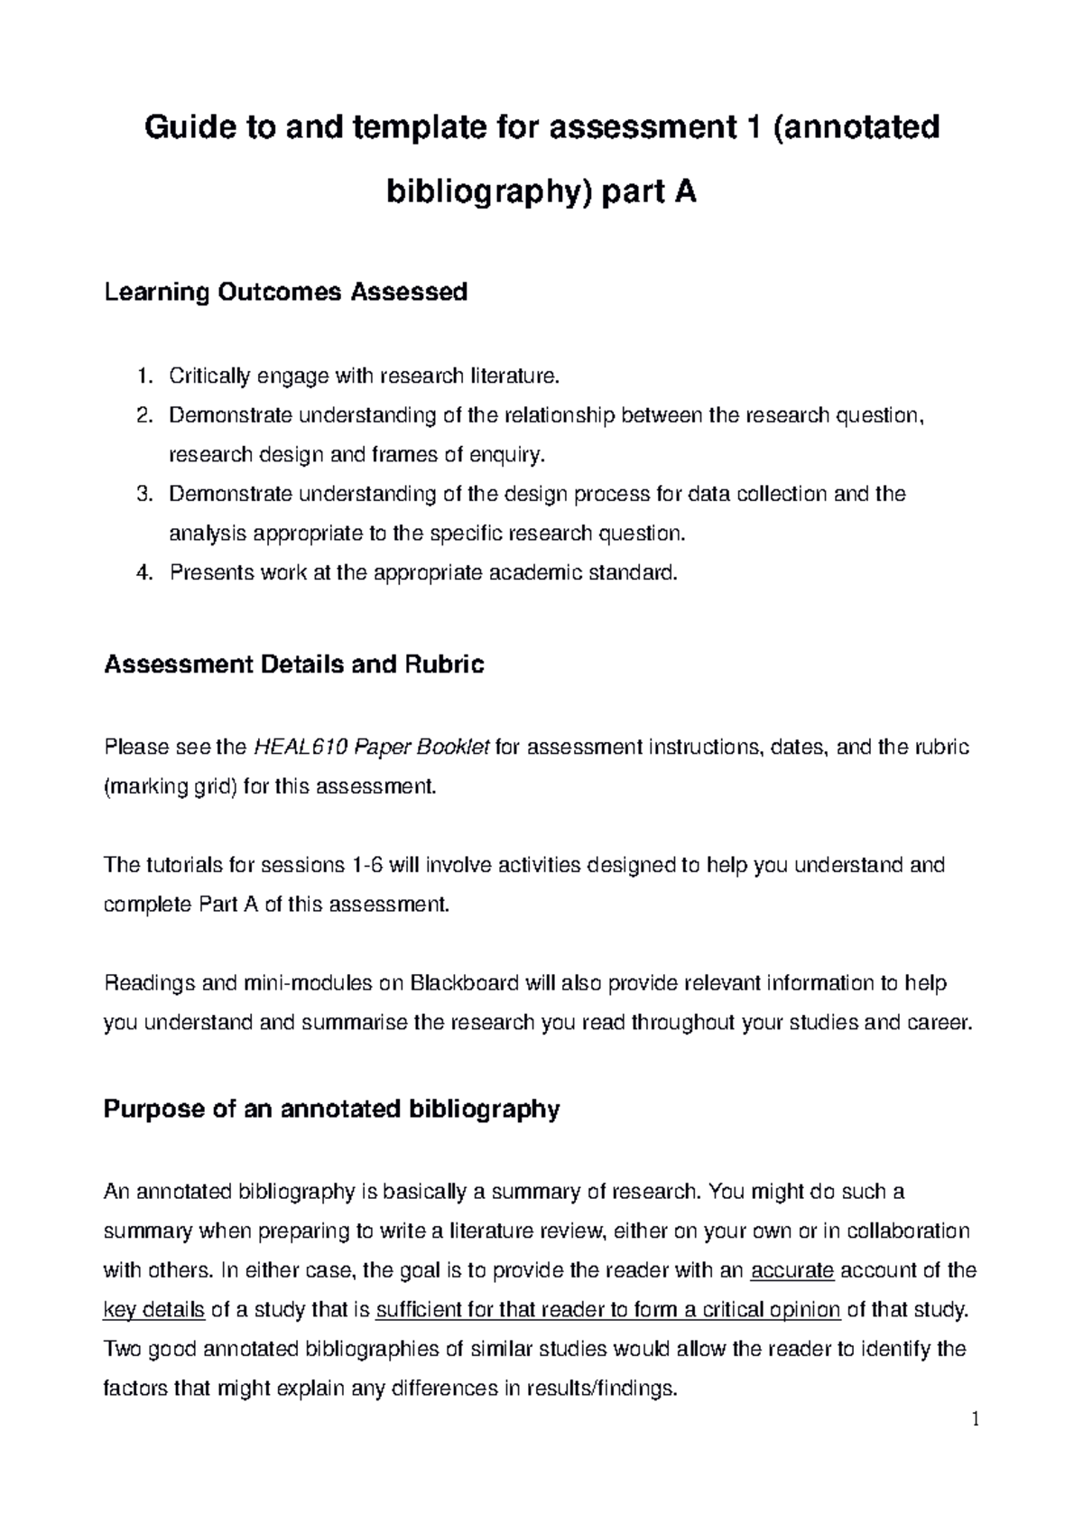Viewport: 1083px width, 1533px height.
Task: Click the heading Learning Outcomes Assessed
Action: [286, 293]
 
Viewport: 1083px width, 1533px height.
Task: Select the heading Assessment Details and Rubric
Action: [294, 665]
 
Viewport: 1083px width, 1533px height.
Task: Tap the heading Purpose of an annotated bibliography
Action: [332, 1109]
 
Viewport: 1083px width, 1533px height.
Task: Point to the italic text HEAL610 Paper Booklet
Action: [373, 748]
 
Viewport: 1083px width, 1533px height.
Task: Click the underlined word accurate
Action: [792, 1270]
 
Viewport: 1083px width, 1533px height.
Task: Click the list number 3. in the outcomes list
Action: [144, 494]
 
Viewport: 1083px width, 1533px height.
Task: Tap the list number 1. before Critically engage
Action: [144, 376]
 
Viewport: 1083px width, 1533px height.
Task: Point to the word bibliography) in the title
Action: [491, 192]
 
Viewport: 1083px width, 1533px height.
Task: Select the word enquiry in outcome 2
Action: [514, 455]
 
